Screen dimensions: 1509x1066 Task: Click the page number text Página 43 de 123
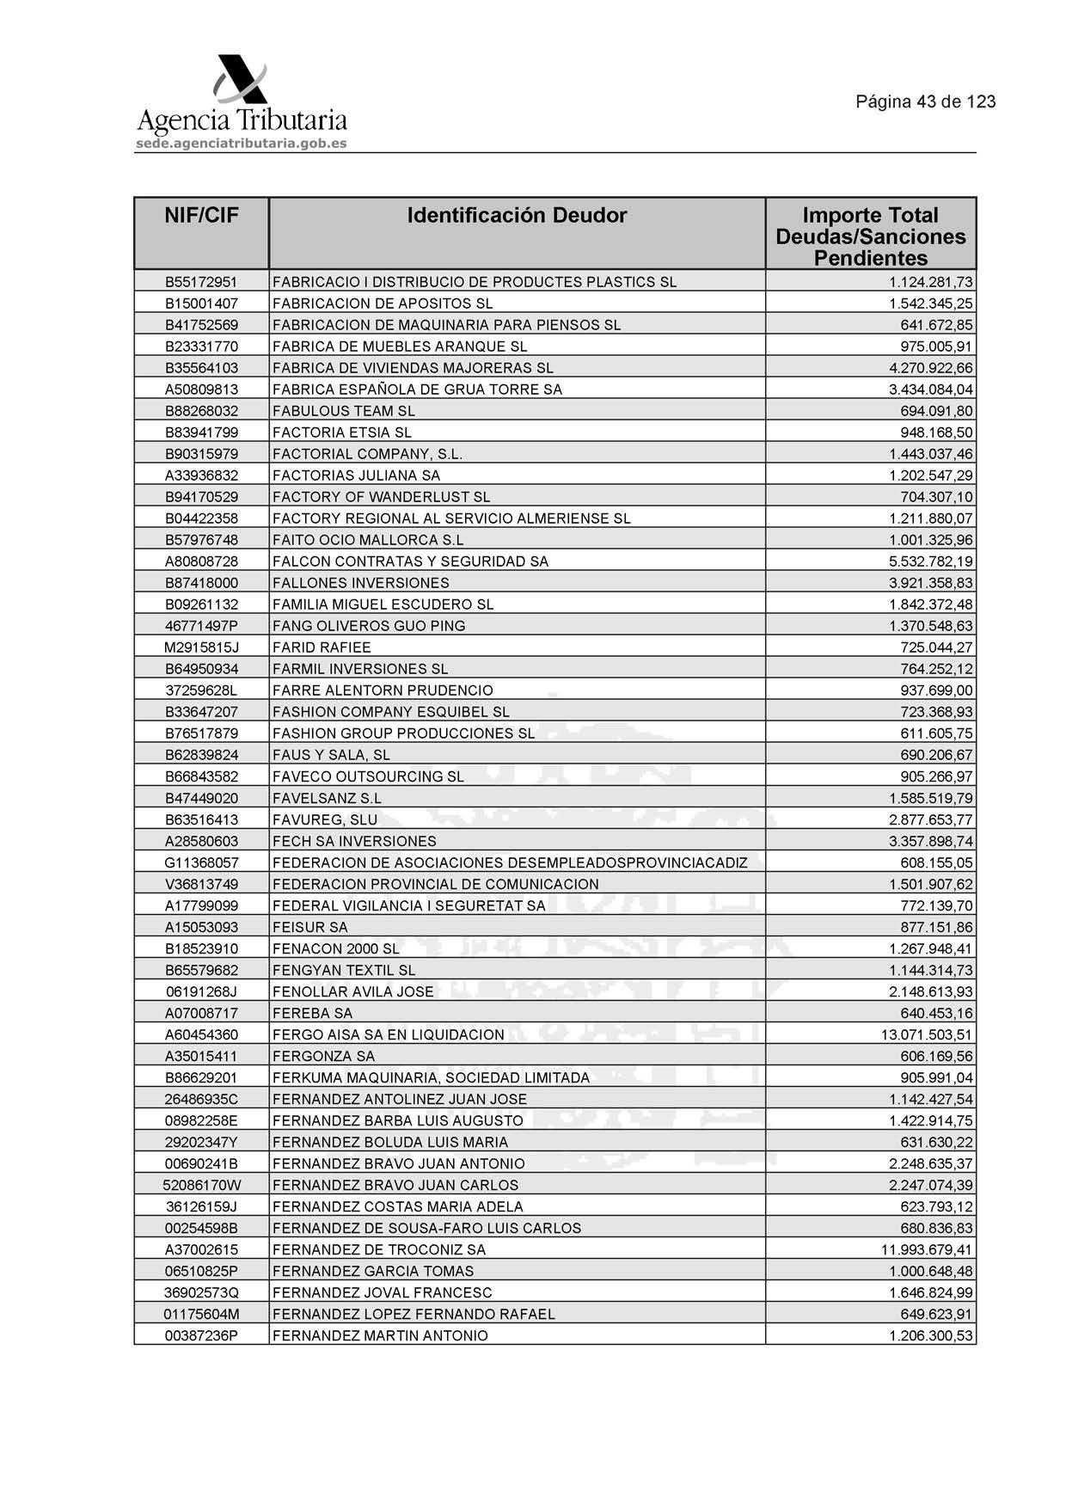click(925, 101)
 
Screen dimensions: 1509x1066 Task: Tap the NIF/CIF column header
click(201, 215)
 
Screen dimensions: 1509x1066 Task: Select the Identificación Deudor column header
click(517, 215)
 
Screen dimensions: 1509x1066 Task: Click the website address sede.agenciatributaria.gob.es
click(242, 144)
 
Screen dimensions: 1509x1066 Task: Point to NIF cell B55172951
click(201, 282)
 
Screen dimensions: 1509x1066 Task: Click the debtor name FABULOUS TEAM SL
click(343, 411)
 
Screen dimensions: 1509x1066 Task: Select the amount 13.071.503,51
click(927, 1034)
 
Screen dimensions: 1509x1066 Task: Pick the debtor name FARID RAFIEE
click(322, 647)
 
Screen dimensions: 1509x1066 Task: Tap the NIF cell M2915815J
click(201, 647)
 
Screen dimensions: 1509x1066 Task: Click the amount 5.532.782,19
click(931, 561)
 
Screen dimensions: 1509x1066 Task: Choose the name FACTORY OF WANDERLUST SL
click(381, 497)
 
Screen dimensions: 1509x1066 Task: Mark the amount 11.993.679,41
click(927, 1249)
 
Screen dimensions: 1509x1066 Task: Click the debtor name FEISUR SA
click(309, 927)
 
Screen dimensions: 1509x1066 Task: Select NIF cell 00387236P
click(201, 1335)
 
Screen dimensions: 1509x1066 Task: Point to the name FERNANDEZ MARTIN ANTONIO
click(380, 1335)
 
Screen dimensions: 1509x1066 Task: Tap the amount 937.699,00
click(936, 690)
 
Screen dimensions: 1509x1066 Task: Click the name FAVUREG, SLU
click(325, 819)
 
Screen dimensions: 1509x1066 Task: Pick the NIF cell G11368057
click(201, 862)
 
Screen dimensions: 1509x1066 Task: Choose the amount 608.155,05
click(936, 862)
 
